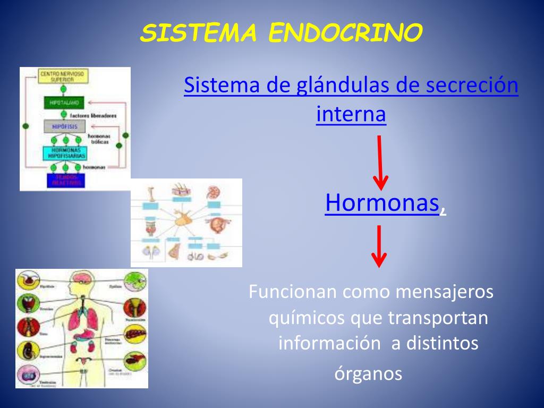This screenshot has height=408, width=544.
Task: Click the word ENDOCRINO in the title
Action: coord(346,33)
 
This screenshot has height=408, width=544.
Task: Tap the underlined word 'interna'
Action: coord(351,114)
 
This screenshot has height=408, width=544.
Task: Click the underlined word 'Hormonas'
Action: coord(382,202)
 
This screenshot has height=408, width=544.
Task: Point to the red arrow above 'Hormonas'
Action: coord(380,163)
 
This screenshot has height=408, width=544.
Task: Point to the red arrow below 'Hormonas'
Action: coord(379,246)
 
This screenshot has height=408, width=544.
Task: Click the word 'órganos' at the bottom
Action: coord(368,373)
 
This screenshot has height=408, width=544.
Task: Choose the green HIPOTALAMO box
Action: coord(64,102)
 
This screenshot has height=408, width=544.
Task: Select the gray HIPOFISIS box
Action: coord(64,126)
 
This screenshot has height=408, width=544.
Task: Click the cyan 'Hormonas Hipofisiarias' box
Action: coord(64,153)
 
